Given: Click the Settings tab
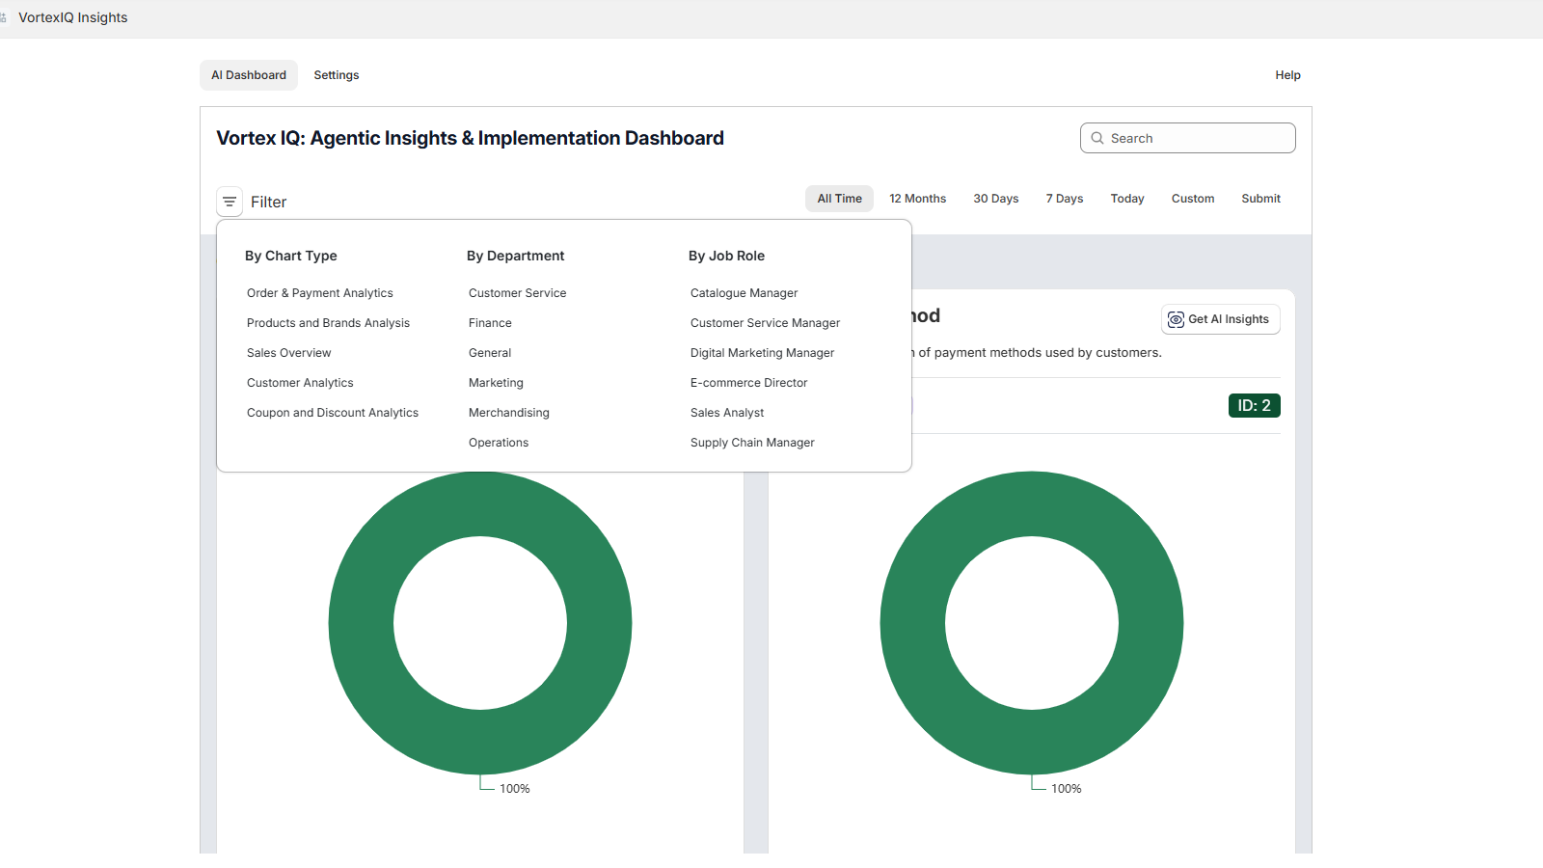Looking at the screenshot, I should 336,75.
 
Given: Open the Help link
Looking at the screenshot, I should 1287,75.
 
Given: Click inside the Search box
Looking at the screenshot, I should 1196,138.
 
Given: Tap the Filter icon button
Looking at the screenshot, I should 230,202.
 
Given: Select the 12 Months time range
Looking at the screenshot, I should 917,199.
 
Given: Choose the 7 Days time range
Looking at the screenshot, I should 1064,199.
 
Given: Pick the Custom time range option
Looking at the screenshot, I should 1192,199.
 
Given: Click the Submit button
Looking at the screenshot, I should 1260,199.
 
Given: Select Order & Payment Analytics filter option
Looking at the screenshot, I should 319,293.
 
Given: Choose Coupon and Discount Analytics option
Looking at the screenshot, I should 332,413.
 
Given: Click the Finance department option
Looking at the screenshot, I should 490,323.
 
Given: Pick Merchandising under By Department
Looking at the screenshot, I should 508,413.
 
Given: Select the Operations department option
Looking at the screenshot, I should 498,443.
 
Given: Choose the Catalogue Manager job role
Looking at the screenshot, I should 744,293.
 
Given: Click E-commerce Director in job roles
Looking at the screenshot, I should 748,383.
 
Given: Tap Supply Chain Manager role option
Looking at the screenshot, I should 752,443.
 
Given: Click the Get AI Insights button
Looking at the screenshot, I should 1220,319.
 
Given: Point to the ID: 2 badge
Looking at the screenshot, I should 1254,406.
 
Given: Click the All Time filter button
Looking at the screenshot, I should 839,199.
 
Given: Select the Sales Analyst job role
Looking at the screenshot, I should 726,413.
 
